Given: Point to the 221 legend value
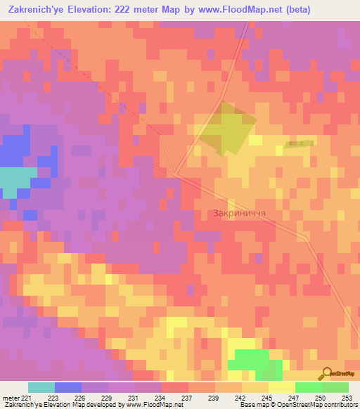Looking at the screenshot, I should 27,397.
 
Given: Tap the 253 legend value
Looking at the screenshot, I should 347,397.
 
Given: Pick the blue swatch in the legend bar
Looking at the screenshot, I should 67,387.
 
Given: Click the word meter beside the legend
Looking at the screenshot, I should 10,397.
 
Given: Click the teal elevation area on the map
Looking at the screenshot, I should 15,181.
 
